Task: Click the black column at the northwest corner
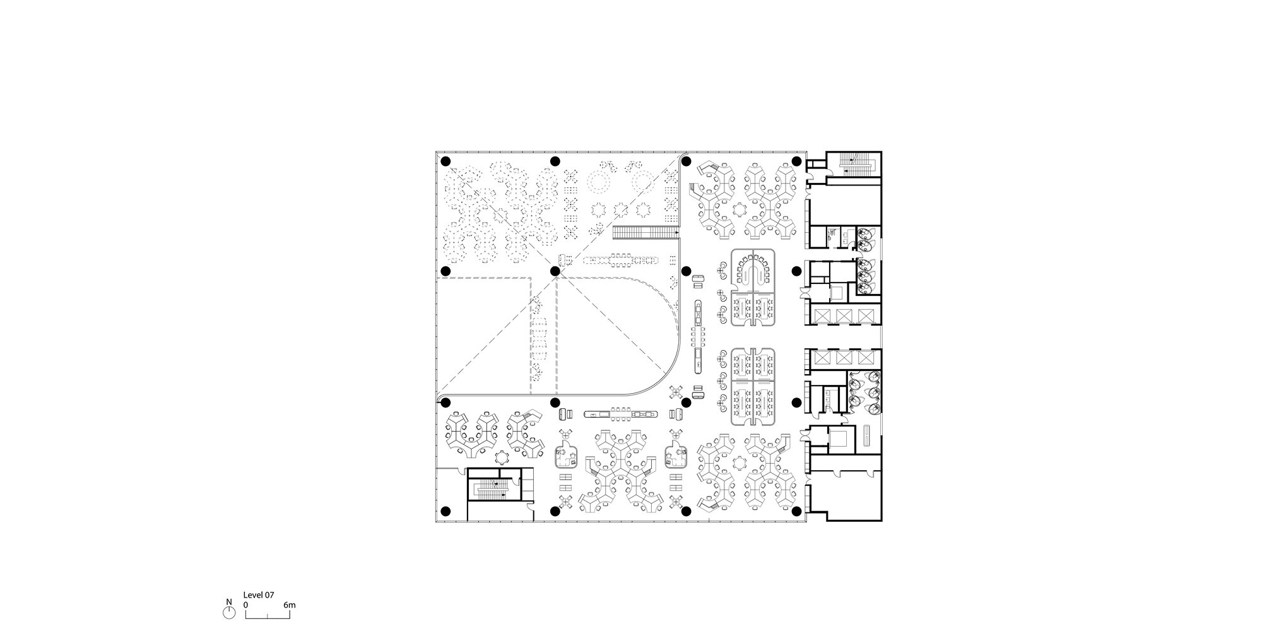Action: click(x=445, y=162)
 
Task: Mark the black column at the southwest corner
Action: click(x=445, y=511)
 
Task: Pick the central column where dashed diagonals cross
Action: click(x=555, y=271)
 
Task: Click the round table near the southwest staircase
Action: click(x=502, y=456)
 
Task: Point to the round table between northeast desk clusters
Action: click(x=739, y=209)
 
